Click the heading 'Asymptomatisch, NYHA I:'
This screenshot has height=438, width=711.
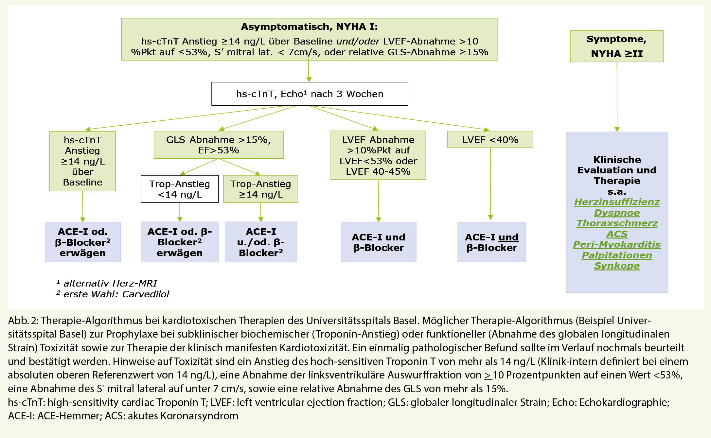[x=309, y=26]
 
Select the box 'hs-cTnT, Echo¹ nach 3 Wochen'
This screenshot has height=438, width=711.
[x=310, y=94]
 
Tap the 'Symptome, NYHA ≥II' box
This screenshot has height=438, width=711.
[x=617, y=46]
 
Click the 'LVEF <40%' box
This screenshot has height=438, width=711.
[x=490, y=140]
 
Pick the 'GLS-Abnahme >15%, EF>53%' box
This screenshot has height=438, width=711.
[x=219, y=145]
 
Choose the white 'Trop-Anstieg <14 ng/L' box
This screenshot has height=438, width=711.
[x=180, y=189]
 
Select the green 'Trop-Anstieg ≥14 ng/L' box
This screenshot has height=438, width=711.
[x=260, y=189]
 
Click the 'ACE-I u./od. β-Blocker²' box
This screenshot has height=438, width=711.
[x=261, y=242]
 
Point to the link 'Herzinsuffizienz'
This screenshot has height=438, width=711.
[x=617, y=202]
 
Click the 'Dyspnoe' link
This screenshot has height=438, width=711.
[x=617, y=213]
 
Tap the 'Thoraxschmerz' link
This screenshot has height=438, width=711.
[x=617, y=223]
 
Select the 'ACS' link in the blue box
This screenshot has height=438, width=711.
[x=617, y=234]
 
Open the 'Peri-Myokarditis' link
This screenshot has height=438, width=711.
[x=617, y=245]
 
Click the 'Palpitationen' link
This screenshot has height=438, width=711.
[x=617, y=255]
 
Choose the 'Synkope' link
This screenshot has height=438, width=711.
[x=617, y=266]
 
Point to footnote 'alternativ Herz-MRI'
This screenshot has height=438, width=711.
[x=110, y=283]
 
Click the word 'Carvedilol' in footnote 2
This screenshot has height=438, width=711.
[x=146, y=294]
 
